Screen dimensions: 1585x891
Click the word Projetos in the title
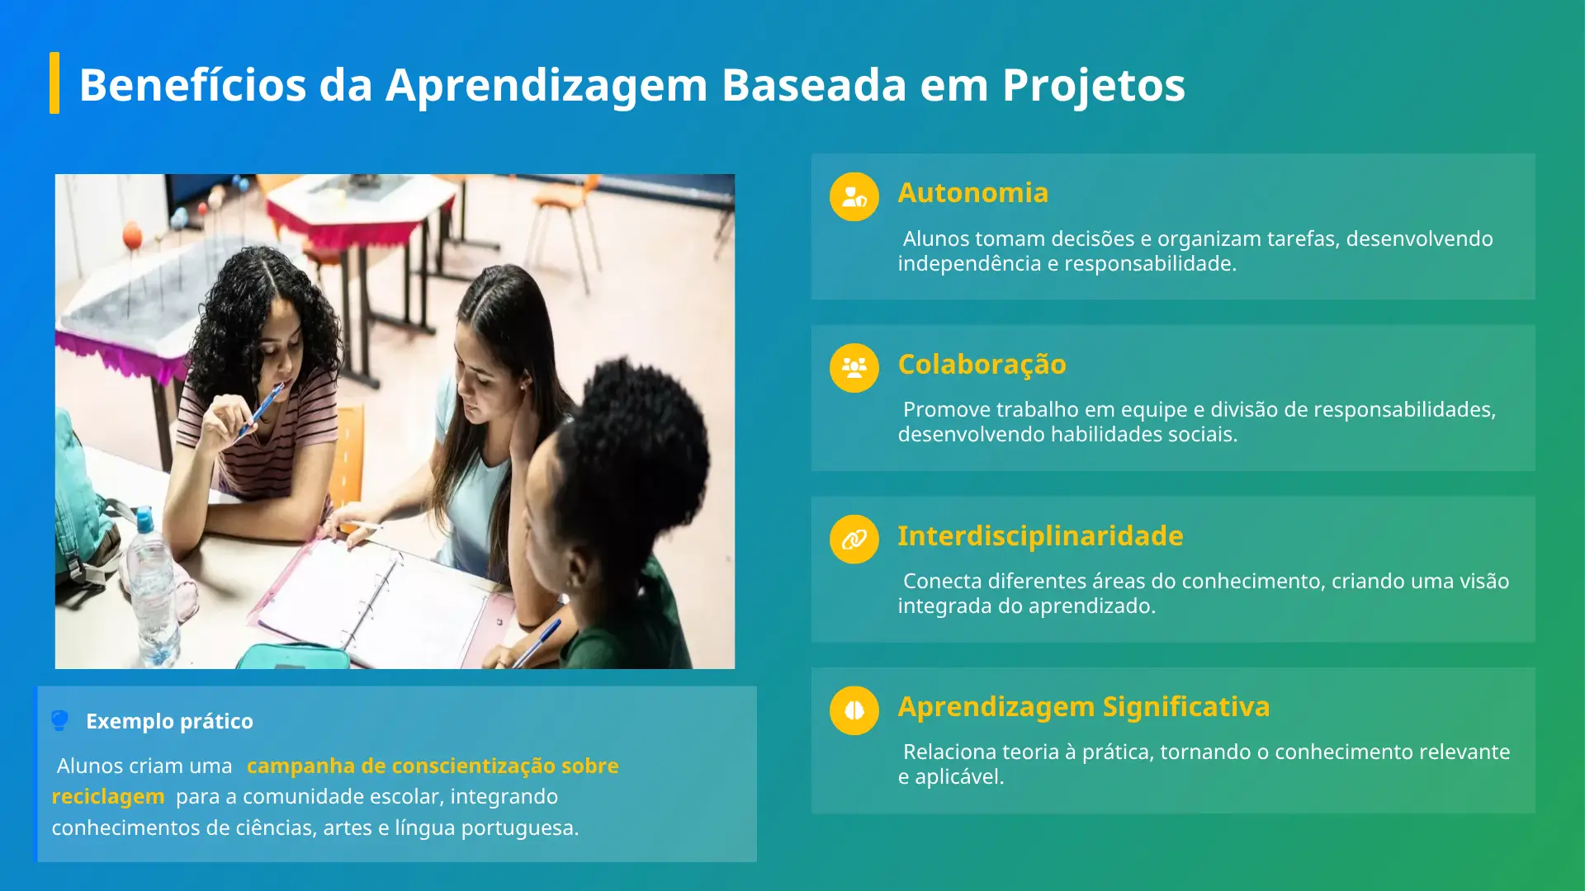1093,85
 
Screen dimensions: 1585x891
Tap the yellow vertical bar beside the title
54,82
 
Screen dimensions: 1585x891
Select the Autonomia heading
972,192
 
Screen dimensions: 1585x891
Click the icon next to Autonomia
854,196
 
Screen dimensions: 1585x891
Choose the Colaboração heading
982,364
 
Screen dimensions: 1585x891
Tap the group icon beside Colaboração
854,368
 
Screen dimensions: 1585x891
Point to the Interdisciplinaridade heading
1040,535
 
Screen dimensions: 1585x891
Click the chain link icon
854,540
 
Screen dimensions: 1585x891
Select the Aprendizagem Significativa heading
1084,707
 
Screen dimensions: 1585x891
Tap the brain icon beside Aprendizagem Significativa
854,710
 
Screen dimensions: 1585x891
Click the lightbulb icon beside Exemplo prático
59,720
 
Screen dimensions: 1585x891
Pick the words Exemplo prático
169,721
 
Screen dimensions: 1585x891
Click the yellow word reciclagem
108,797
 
